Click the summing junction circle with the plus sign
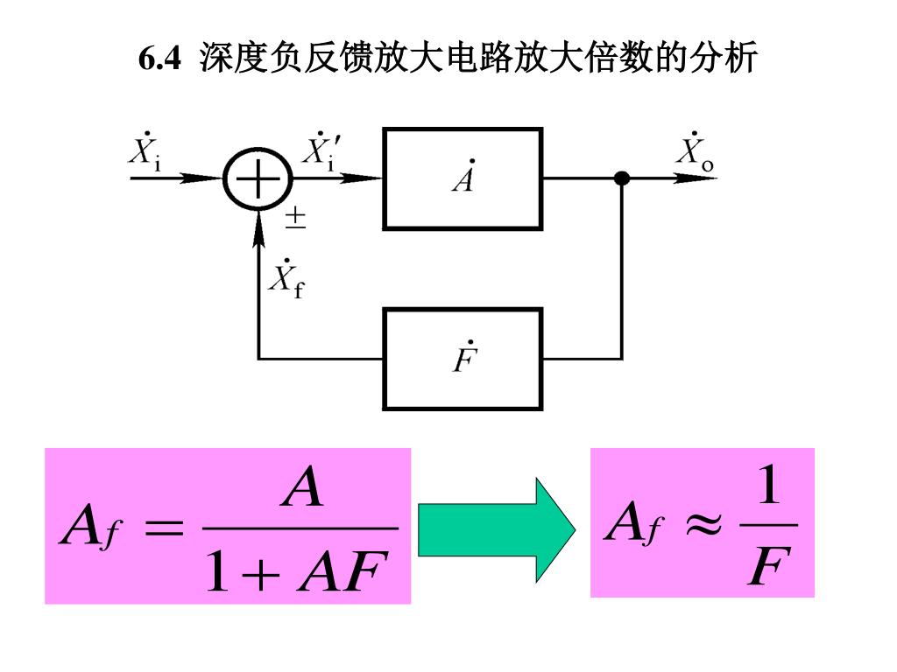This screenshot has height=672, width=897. click(x=258, y=179)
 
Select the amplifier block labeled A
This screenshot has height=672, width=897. click(x=463, y=178)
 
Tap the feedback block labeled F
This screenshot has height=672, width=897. click(x=463, y=359)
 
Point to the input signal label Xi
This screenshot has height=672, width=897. click(x=145, y=152)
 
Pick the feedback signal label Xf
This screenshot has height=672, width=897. click(x=286, y=277)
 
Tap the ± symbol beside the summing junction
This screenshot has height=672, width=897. click(x=296, y=219)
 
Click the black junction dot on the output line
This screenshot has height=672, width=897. click(x=622, y=178)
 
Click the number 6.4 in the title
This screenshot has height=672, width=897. click(x=159, y=59)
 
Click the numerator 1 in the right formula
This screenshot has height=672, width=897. click(x=768, y=486)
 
